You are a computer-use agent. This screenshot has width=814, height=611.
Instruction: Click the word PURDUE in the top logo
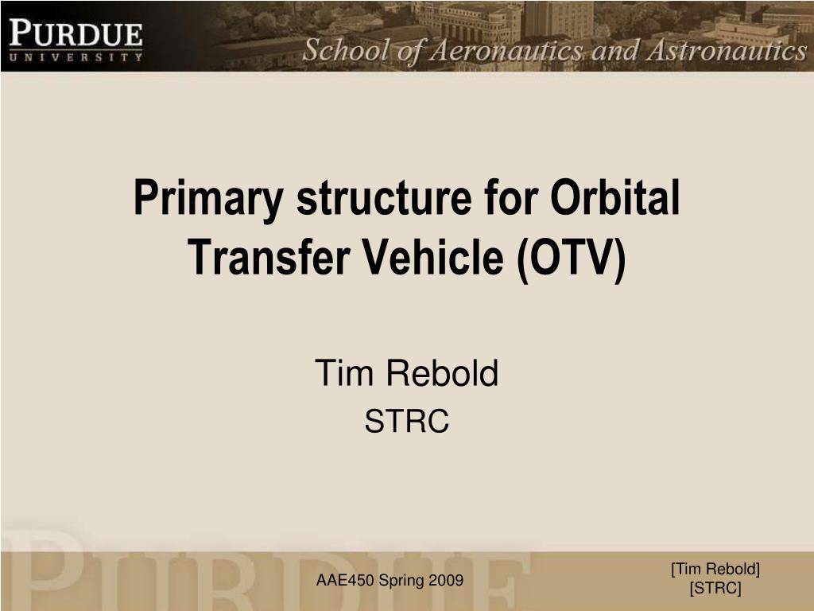[76, 33]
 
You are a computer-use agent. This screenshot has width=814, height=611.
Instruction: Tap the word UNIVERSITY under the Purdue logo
[76, 57]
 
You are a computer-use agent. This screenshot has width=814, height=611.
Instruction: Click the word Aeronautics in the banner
[507, 52]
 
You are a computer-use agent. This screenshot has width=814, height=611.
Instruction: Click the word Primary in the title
[208, 199]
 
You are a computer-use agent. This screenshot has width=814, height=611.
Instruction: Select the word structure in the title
[384, 197]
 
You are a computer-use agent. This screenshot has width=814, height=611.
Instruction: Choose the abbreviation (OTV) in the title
[572, 259]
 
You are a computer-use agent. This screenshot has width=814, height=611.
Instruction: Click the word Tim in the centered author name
[343, 372]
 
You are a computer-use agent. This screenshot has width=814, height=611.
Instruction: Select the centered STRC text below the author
[406, 421]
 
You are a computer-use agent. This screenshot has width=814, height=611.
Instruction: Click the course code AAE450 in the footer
[345, 580]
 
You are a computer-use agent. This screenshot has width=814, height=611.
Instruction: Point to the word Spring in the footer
[402, 581]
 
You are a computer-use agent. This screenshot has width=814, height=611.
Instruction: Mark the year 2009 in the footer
[447, 580]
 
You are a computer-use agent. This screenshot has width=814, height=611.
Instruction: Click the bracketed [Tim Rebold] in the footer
[715, 570]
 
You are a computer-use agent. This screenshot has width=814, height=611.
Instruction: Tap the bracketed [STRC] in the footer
[715, 589]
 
